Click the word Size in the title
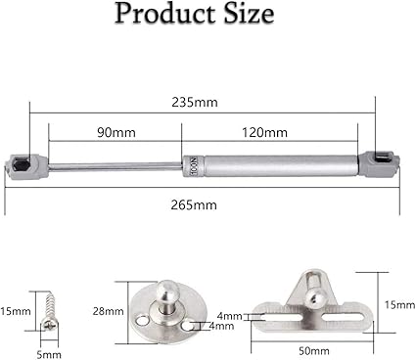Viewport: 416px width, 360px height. coord(249,14)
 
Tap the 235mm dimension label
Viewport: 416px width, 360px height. coord(195,103)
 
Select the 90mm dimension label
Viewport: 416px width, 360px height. coord(116,132)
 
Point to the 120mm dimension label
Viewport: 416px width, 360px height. coord(264,132)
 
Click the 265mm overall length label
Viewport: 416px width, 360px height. coord(194,205)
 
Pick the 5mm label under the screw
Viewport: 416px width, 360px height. coord(49,355)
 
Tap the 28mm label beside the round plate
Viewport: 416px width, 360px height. coord(108,311)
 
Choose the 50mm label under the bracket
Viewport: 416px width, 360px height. coord(314,351)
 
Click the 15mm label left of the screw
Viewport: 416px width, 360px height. coord(16,311)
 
